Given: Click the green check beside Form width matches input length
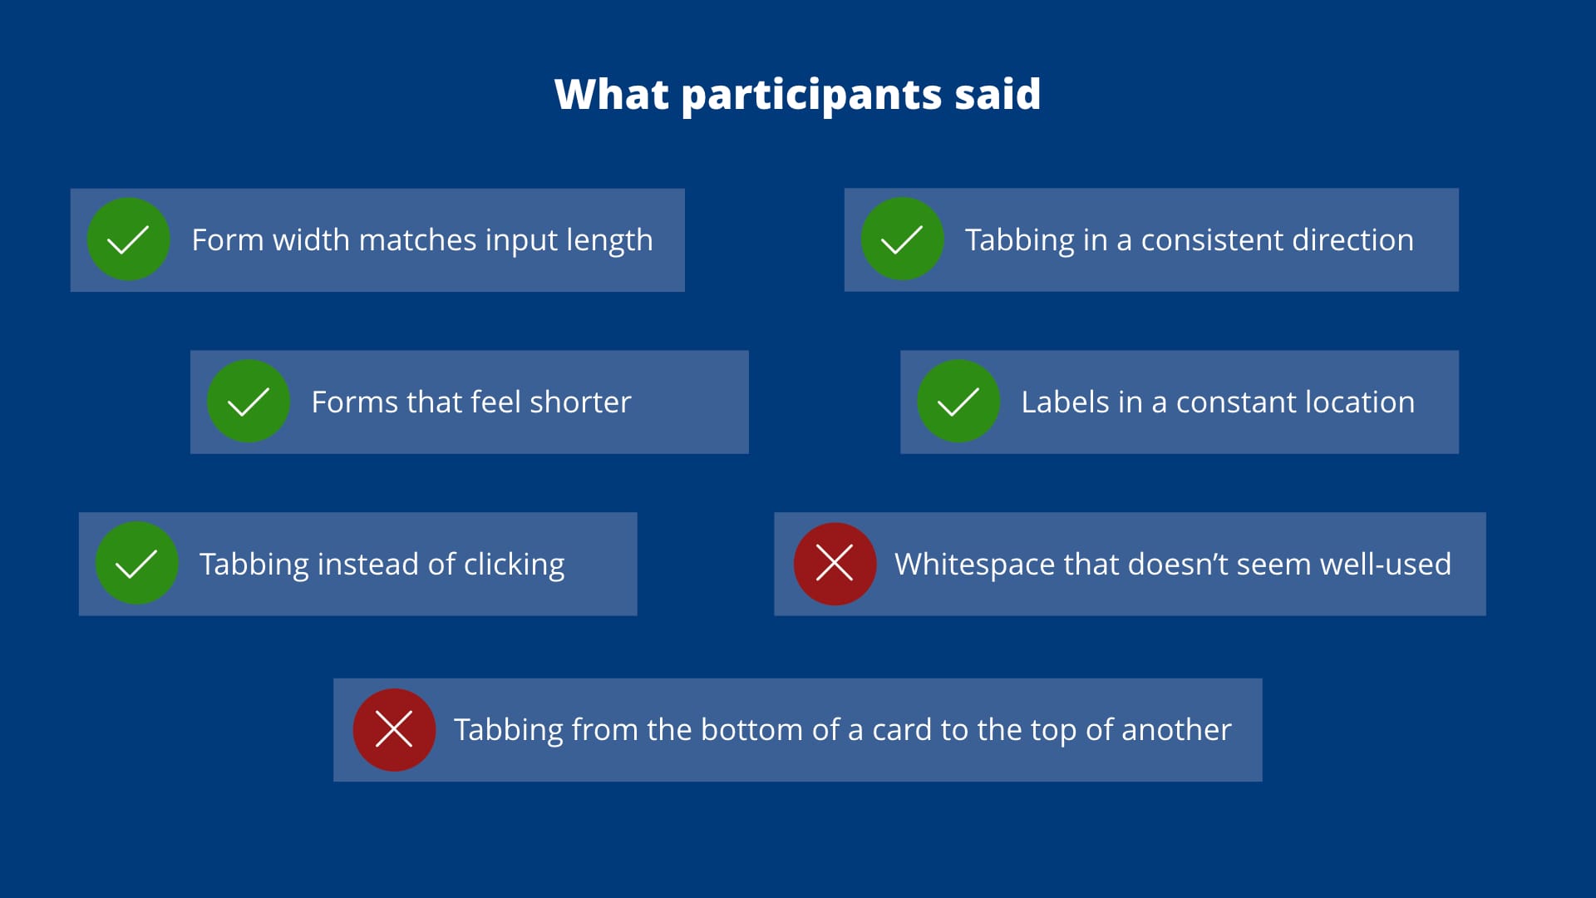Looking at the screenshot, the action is [129, 239].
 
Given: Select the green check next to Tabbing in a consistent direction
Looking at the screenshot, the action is [902, 239].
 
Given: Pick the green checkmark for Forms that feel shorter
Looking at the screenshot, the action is [249, 402].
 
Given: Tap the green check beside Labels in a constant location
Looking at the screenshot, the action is [958, 402].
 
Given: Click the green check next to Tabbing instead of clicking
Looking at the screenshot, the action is [137, 564].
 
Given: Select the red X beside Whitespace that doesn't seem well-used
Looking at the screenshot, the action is [835, 564].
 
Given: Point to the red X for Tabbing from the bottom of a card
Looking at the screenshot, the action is [394, 730].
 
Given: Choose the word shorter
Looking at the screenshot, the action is [580, 402].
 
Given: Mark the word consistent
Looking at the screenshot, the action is [1212, 240].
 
